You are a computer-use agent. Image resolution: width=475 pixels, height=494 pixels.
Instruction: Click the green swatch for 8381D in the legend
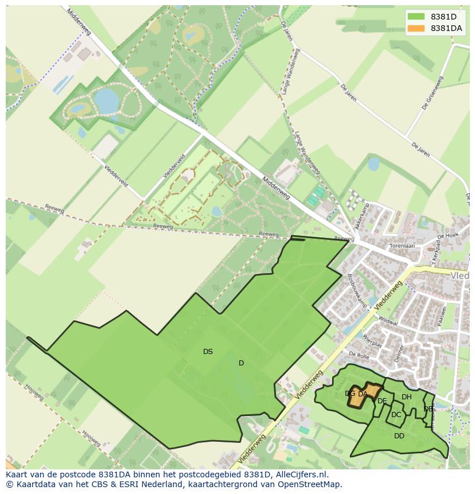[416, 17]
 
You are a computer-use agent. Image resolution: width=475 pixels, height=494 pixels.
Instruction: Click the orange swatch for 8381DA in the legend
[416, 28]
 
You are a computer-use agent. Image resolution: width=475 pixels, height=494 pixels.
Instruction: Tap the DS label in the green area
[208, 352]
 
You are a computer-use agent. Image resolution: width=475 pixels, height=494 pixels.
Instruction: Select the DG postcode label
[350, 394]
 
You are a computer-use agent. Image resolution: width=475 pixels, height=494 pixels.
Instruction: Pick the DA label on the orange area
[363, 394]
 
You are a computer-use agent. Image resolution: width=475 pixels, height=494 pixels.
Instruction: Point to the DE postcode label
[382, 401]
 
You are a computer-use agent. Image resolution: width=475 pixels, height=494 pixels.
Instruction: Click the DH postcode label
[407, 397]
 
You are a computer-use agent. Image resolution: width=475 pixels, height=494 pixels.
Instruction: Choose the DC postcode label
[396, 415]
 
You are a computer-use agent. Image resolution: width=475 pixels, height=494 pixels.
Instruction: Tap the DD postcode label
[399, 436]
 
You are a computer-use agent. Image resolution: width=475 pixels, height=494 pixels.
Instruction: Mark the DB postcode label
[428, 409]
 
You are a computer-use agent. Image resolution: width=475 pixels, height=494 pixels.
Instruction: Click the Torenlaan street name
[402, 246]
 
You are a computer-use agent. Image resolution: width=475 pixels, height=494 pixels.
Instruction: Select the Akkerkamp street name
[364, 220]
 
